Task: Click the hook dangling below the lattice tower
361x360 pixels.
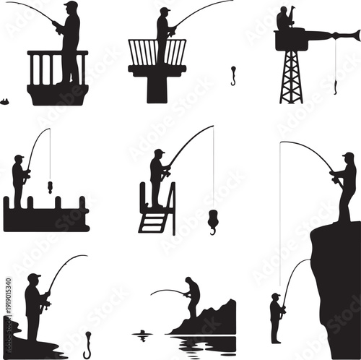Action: click(336, 87)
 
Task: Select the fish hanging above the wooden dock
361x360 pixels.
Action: click(50, 187)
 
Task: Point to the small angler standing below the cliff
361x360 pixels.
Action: click(276, 317)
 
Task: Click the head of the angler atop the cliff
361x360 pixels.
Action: click(348, 158)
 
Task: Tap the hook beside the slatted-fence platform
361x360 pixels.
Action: click(233, 75)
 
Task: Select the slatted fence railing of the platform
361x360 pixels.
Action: click(157, 52)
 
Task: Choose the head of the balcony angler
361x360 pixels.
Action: click(70, 7)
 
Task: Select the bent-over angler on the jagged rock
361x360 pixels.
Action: click(192, 296)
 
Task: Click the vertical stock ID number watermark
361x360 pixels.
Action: click(8, 304)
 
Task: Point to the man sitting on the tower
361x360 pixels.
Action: click(283, 19)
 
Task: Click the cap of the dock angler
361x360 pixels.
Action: click(19, 158)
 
